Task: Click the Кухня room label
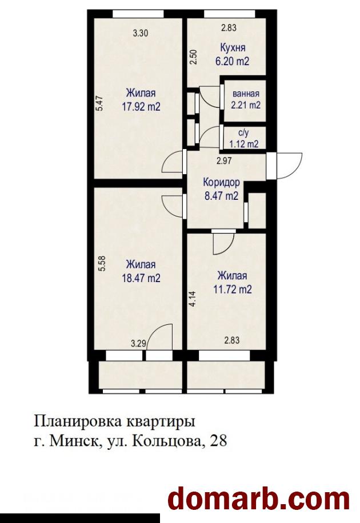[233, 48]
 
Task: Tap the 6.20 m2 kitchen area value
[233, 61]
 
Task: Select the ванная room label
[246, 94]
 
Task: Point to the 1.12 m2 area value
[244, 144]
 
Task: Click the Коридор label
[221, 183]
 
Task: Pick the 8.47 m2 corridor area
[221, 196]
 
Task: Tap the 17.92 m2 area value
[141, 107]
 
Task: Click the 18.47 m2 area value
[141, 278]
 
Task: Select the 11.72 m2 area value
[233, 289]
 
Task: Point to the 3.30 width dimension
[140, 33]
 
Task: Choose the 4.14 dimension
[194, 299]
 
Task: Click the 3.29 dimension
[138, 343]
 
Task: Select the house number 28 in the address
[218, 441]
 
